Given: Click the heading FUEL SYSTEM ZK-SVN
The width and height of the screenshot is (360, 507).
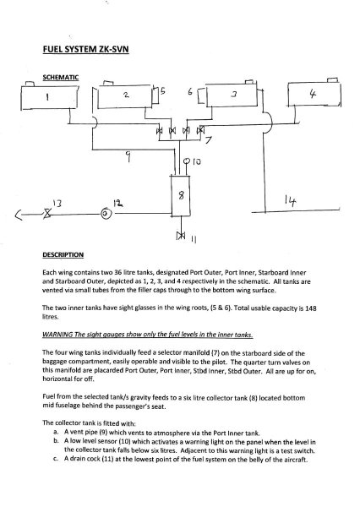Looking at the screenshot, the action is pyautogui.click(x=85, y=50).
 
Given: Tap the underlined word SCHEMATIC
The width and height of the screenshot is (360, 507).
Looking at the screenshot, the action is pyautogui.click(x=61, y=77).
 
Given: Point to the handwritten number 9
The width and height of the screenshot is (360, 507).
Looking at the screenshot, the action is pyautogui.click(x=128, y=157).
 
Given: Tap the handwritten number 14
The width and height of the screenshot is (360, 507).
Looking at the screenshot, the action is pyautogui.click(x=290, y=201).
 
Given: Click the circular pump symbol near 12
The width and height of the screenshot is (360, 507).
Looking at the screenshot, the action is pyautogui.click(x=106, y=214).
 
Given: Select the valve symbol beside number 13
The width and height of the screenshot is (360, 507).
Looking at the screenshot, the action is pyautogui.click(x=48, y=214).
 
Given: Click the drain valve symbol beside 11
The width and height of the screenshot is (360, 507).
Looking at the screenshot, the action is pyautogui.click(x=181, y=236).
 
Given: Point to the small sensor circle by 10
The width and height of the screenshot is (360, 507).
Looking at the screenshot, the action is pyautogui.click(x=187, y=161).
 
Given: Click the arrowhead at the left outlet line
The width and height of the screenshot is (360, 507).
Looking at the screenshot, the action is pyautogui.click(x=19, y=215).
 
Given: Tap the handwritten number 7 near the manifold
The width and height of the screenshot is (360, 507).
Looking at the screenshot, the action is pyautogui.click(x=208, y=140).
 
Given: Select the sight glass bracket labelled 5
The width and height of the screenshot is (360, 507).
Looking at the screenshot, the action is pyautogui.click(x=155, y=95).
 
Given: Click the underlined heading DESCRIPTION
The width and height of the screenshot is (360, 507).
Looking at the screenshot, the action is pyautogui.click(x=63, y=255).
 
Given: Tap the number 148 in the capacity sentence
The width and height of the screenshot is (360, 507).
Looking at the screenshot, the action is pyautogui.click(x=310, y=308).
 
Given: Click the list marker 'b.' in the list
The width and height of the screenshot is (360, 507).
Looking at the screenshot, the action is pyautogui.click(x=57, y=441).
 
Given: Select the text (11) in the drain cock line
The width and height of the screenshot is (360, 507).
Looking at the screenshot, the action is pyautogui.click(x=107, y=460).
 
